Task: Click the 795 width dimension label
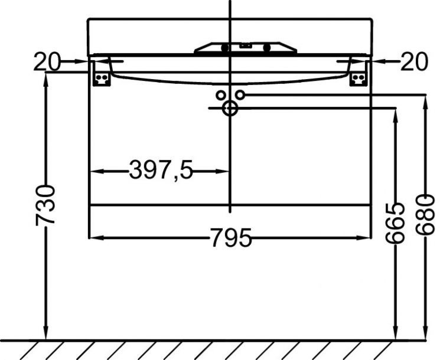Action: coord(231,238)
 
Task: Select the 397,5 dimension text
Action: coord(161,171)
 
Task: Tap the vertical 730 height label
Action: coord(45,205)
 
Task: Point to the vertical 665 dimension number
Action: coord(395,223)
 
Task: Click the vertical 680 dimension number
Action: coord(425,214)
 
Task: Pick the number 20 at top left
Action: coord(46,61)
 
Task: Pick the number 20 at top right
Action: coord(414,61)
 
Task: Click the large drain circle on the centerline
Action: coord(230,108)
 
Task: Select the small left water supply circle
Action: coord(221,94)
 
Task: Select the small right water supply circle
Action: coord(240,94)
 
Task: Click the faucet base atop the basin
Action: coord(246,47)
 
